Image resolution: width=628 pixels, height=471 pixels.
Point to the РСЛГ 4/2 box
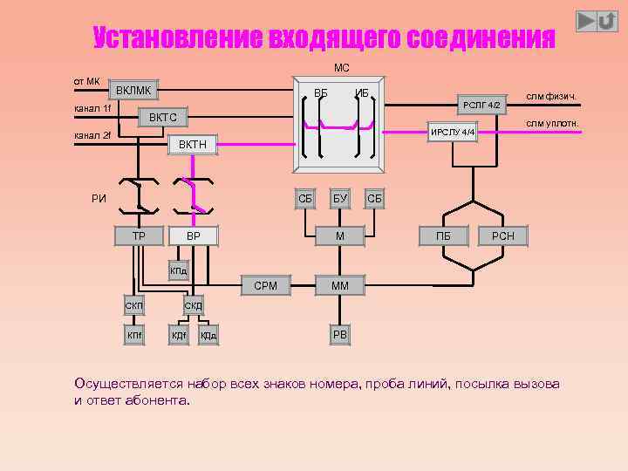481,105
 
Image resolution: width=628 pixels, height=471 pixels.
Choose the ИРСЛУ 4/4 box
453,132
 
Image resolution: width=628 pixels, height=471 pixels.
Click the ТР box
139,235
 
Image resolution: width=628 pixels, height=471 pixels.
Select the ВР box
194,235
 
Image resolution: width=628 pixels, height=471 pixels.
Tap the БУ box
339,199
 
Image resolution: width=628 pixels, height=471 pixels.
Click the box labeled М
340,235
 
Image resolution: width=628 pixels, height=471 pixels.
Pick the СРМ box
265,285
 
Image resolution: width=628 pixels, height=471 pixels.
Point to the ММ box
340,285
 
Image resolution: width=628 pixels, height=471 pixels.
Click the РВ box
340,335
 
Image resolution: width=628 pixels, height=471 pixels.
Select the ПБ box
444,235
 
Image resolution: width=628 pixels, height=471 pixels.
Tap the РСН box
503,235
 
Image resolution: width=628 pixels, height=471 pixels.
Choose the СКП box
134,305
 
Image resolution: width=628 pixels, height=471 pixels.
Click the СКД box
194,305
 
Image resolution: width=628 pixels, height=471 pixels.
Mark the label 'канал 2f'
92,135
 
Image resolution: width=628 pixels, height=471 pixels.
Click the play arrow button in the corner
587,20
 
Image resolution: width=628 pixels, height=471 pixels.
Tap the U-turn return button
608,20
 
